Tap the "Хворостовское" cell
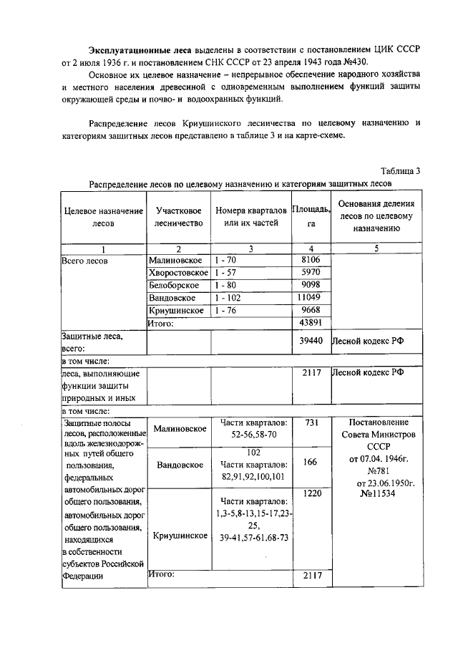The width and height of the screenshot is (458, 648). pyautogui.click(x=178, y=273)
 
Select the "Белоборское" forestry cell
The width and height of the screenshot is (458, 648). pyautogui.click(x=174, y=285)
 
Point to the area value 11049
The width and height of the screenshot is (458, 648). pyautogui.click(x=311, y=297)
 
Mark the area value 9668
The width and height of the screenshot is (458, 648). pyautogui.click(x=311, y=310)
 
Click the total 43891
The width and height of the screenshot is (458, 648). pyautogui.click(x=311, y=323)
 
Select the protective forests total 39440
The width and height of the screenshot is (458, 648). pyautogui.click(x=311, y=342)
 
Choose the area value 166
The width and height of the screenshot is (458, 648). pyautogui.click(x=311, y=463)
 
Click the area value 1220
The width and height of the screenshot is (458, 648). pyautogui.click(x=311, y=494)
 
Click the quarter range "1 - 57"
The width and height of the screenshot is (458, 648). pyautogui.click(x=228, y=273)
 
